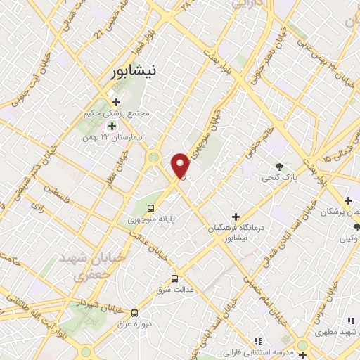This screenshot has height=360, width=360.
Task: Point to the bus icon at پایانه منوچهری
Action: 150,208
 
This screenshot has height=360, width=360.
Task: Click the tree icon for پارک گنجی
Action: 281,167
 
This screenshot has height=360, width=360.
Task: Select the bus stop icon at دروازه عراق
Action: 134,312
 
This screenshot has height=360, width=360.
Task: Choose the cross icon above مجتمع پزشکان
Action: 348,201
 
